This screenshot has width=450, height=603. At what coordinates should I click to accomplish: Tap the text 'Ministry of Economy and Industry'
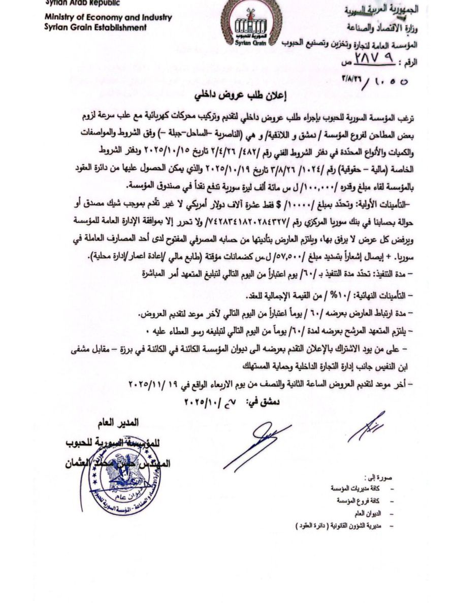pyautogui.click(x=108, y=17)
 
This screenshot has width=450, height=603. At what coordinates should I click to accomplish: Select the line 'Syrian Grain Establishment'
pyautogui.click(x=95, y=27)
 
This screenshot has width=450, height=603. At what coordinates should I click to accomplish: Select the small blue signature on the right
pyautogui.click(x=366, y=426)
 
